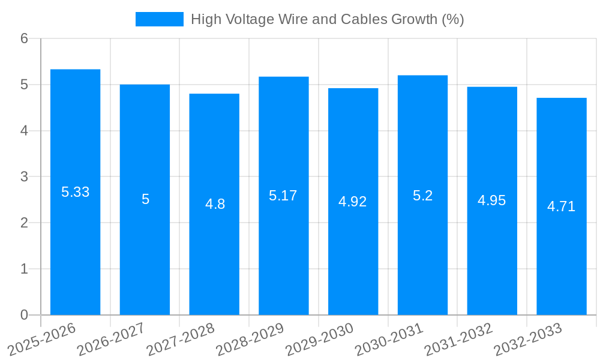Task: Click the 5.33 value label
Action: tap(75, 192)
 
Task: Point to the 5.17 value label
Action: tap(283, 196)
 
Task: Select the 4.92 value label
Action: tap(353, 202)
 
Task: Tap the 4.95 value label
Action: tap(492, 200)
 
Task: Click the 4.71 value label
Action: tap(561, 206)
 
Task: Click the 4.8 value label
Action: tap(215, 204)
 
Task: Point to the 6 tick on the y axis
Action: tap(24, 38)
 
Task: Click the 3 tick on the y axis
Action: tap(24, 177)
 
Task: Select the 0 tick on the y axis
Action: tap(24, 315)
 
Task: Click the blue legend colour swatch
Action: tap(159, 19)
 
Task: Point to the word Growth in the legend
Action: tap(414, 19)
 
